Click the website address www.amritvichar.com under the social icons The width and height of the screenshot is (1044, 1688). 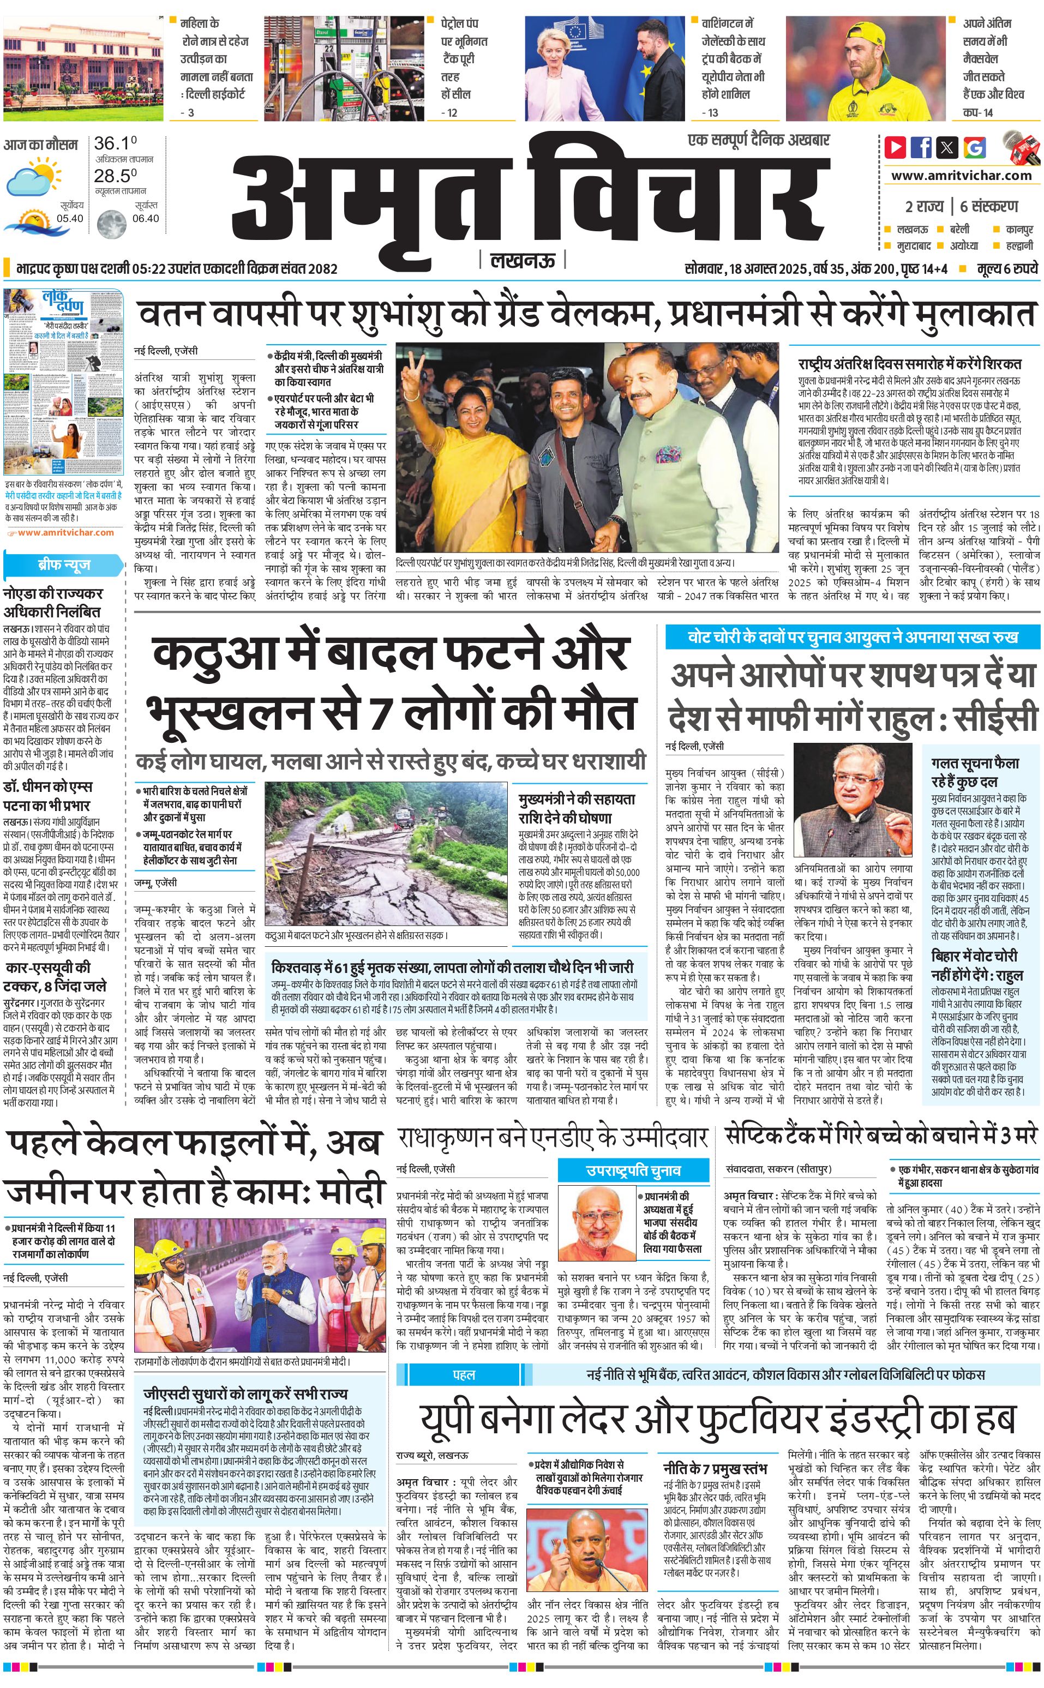(x=961, y=176)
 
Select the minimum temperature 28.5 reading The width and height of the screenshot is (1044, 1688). (x=115, y=176)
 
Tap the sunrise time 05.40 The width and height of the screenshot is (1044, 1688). (x=70, y=219)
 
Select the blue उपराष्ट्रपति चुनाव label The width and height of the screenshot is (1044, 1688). (x=633, y=1169)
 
